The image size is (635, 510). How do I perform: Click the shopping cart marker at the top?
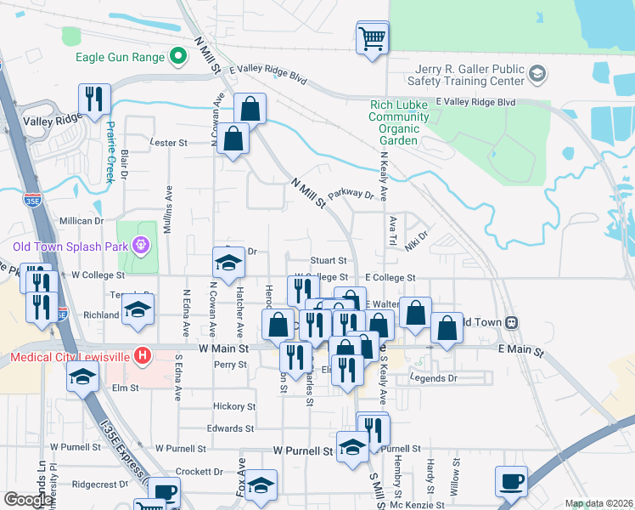point(373,38)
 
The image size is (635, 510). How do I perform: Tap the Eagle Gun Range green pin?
point(177,57)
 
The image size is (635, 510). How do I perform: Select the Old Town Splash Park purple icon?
point(141,247)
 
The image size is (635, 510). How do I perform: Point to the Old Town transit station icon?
point(512,323)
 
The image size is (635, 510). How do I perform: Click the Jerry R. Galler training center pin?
point(536,75)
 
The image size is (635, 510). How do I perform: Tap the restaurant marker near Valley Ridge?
point(94,100)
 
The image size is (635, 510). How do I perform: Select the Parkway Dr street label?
point(351,195)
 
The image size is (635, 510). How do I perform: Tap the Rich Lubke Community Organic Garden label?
point(394,123)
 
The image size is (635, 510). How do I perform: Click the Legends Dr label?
point(433,377)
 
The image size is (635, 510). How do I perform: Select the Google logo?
point(27,500)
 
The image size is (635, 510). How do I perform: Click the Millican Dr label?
point(81,220)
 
